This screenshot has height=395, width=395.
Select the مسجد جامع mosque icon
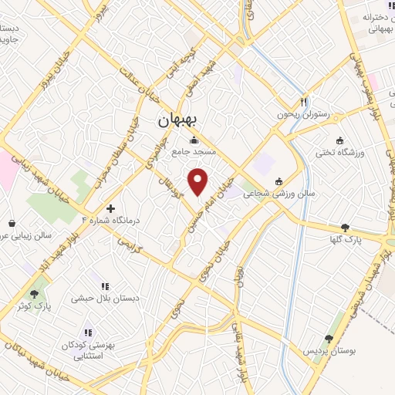coord(192,140)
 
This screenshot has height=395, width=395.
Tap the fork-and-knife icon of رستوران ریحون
coord(305,102)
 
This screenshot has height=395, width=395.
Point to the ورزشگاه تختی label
coord(338,153)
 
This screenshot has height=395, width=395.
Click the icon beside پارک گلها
coord(344,228)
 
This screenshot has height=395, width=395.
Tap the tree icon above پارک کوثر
coord(33,294)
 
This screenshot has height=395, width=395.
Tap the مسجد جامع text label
coord(194,153)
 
